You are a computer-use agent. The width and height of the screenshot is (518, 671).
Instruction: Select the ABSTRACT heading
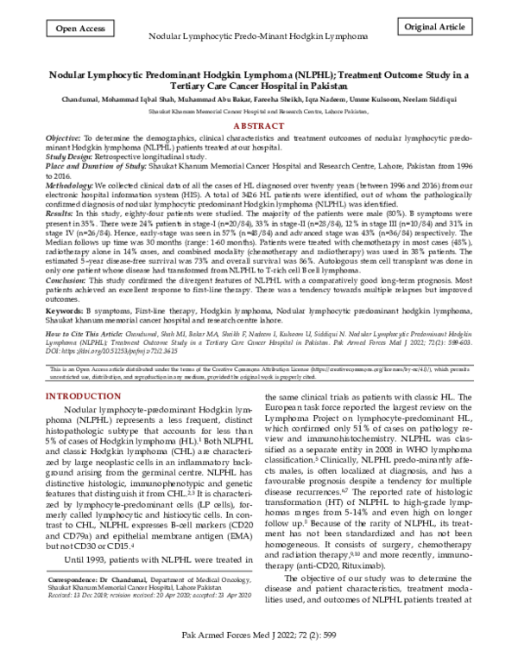click(x=258, y=125)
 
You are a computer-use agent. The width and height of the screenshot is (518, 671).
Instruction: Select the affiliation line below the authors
click(x=258, y=112)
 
